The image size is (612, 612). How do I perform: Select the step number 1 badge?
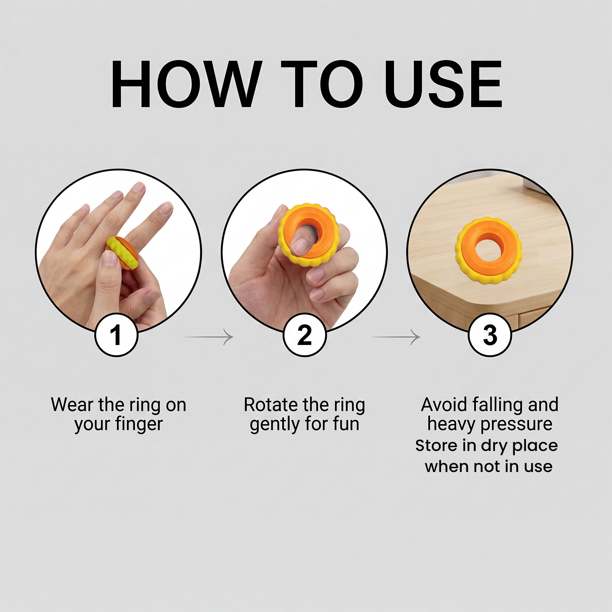(116, 335)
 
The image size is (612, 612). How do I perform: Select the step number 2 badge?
(304, 335)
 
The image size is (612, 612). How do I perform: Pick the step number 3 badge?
(490, 335)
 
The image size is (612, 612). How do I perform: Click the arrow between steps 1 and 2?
(209, 337)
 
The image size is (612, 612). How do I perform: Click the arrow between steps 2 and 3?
(396, 337)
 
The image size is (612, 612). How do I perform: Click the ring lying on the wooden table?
(489, 251)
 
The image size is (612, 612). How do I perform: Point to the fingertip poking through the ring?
(301, 245)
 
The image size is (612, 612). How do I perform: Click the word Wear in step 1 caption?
(72, 405)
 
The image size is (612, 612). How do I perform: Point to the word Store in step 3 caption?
(436, 446)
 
